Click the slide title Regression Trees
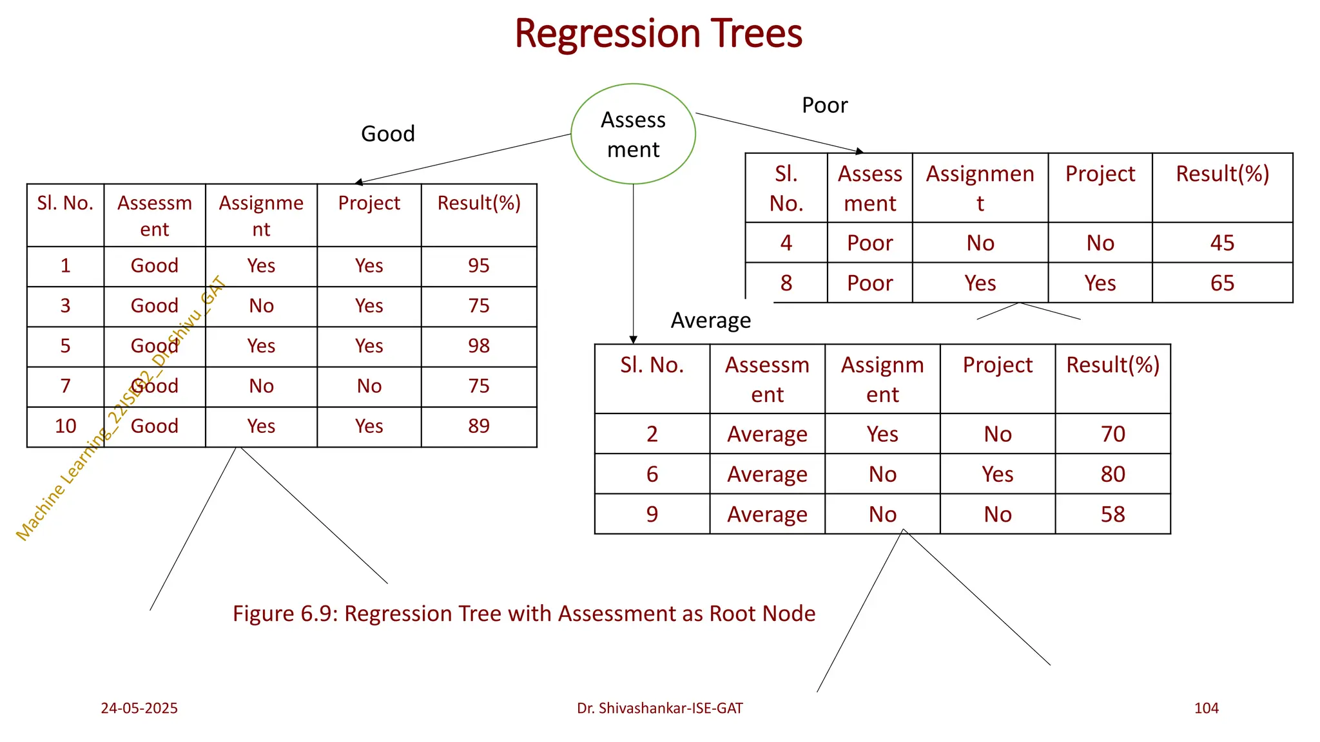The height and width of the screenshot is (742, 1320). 658,33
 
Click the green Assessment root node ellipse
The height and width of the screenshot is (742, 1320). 633,134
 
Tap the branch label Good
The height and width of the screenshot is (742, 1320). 387,134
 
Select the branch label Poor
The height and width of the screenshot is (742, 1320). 824,105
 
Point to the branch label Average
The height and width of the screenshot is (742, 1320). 710,320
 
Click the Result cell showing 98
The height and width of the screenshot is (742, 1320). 478,346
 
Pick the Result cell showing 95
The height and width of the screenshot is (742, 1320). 478,265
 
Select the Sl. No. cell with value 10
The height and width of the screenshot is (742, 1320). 65,426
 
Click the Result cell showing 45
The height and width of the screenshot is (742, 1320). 1221,243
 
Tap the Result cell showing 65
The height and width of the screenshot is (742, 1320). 1221,283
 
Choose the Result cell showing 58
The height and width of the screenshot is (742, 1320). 1112,514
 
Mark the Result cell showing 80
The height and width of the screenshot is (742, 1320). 1112,474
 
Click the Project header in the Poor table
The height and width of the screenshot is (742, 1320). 1100,174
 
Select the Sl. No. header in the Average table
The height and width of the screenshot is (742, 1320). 652,365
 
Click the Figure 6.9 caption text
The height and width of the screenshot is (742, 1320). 523,613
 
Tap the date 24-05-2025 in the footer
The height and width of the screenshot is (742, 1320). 139,708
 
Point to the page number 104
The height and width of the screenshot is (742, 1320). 1206,708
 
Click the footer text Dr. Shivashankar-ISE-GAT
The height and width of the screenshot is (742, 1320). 659,708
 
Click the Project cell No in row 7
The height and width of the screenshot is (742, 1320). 369,386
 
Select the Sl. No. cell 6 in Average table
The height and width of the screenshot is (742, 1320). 652,474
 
